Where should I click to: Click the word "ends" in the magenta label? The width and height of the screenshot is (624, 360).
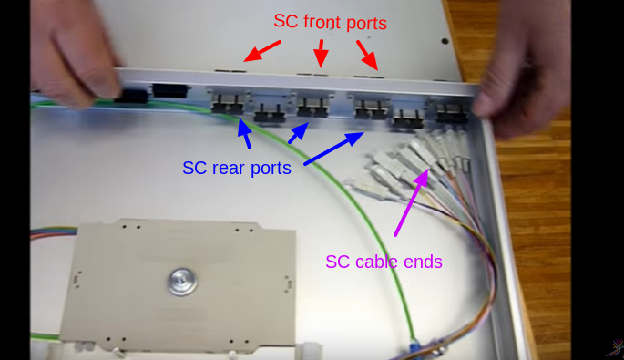pos(425,262)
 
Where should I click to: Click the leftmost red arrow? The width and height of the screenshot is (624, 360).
pos(261,52)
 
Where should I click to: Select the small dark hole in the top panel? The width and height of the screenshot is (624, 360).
pos(445,40)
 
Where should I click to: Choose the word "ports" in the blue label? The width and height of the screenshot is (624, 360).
pos(271,168)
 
